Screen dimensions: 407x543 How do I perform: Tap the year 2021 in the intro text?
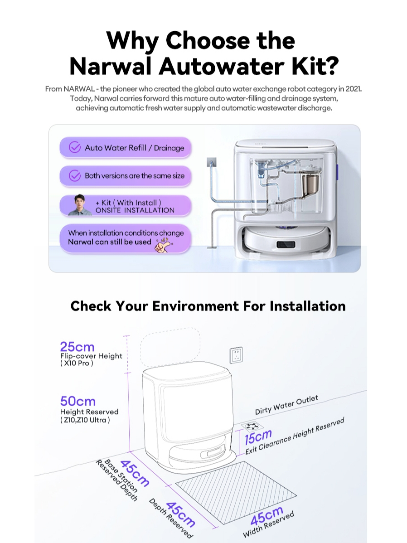click(353, 89)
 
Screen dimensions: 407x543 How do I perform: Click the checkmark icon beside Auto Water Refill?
click(74, 147)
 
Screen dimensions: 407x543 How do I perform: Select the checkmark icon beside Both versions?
click(74, 175)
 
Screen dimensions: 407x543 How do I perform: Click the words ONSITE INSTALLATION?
click(135, 210)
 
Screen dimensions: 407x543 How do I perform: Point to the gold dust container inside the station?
click(311, 184)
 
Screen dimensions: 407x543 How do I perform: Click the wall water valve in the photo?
click(211, 162)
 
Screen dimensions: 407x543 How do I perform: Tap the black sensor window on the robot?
click(286, 244)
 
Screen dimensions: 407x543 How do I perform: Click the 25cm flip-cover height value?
click(77, 347)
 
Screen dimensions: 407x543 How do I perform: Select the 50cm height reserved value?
click(78, 401)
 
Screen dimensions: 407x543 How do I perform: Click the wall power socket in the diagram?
click(236, 355)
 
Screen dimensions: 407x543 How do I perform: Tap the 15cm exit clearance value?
click(258, 437)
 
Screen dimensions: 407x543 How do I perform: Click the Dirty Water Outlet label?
click(286, 405)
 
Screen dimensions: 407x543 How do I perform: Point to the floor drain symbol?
click(252, 426)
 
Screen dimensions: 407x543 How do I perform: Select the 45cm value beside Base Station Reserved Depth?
click(135, 473)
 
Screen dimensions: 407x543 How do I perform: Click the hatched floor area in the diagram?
click(236, 492)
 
